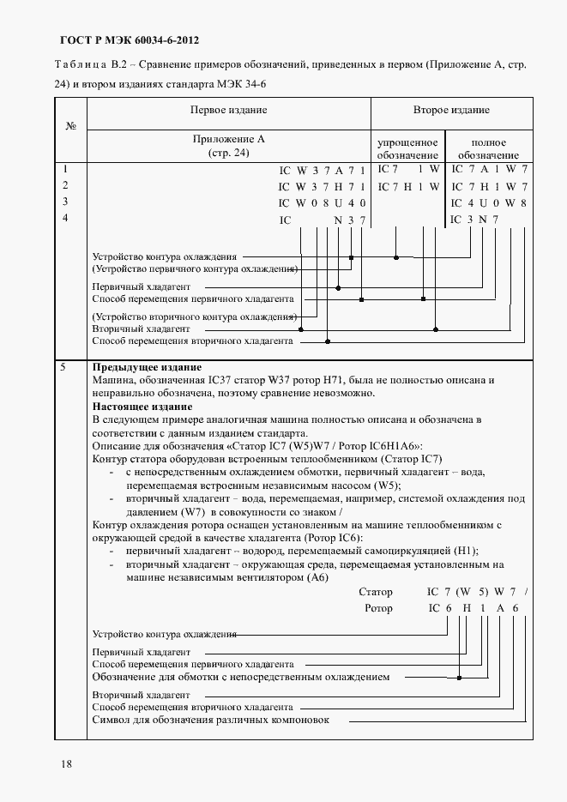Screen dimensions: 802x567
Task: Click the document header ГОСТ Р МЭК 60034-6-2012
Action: pos(131,40)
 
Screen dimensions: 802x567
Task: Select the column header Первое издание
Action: pos(228,111)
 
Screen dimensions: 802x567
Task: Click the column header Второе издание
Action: pos(451,111)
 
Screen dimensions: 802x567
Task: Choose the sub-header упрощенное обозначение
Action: pos(408,148)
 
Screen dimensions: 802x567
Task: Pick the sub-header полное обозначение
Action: pos(488,148)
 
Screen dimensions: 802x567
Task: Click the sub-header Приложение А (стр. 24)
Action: pos(228,146)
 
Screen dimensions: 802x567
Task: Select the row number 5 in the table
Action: pos(62,367)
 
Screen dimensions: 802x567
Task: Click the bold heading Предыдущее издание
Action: pos(135,367)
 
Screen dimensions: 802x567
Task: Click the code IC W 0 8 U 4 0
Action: pos(323,203)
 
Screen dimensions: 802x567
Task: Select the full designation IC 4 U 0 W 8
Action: pos(488,203)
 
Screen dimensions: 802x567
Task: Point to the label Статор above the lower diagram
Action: pos(376,592)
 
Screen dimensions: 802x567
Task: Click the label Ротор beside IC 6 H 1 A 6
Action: pos(378,608)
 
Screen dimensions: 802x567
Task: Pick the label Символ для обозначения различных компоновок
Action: pos(210,720)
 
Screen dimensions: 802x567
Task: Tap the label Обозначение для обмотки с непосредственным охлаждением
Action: pos(240,677)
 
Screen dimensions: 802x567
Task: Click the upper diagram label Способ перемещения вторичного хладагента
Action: pos(192,341)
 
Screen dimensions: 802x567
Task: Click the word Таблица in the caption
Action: pos(79,65)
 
